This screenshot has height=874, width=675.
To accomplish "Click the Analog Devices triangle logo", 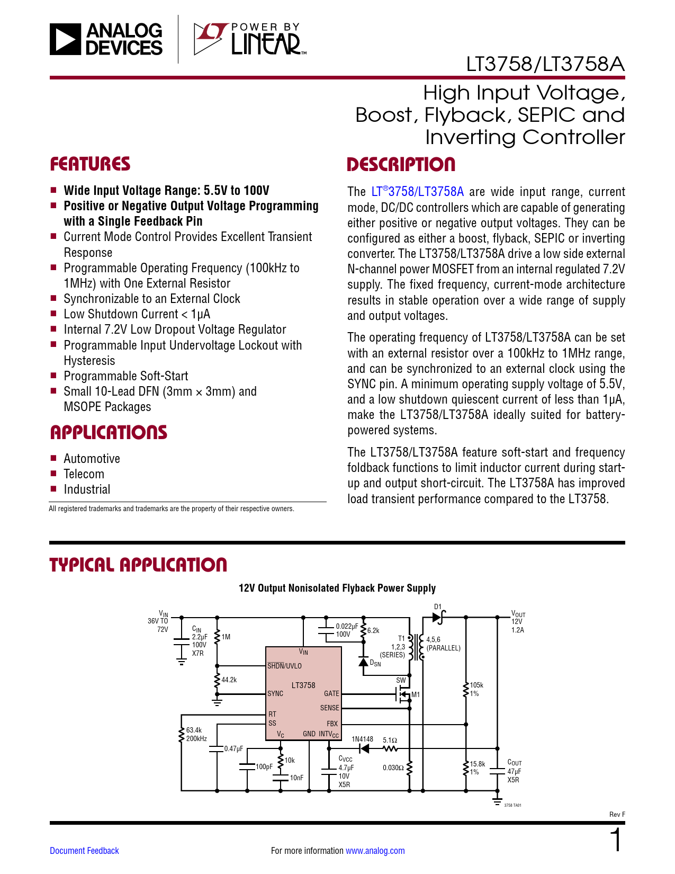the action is pos(65,39).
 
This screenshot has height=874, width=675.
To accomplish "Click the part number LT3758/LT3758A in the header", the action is pos(545,64).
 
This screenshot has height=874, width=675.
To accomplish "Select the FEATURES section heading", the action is pos(90,164).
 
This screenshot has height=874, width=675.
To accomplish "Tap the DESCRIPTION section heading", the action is pos(401,165).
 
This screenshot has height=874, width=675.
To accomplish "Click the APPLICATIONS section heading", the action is pos(109,432).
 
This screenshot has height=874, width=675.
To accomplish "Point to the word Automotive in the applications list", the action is pos(92,459).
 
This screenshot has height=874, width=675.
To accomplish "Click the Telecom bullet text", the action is pos(84,474).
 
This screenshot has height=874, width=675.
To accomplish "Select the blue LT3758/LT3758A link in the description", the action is pos(417,191).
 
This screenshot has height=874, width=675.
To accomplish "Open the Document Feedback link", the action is pos(84,851).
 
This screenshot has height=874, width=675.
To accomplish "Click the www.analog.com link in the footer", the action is pos(375,851).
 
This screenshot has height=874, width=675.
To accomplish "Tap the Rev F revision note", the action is pos(617,815).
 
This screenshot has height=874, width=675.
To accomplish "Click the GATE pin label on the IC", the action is pos(331,693).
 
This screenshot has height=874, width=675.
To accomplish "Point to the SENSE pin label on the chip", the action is pos(330,708).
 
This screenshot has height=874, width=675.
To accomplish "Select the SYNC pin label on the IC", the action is pos(275,693).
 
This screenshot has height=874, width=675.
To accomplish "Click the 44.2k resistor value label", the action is pos(229,680).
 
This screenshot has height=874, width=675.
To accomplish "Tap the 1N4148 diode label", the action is pos(362,739).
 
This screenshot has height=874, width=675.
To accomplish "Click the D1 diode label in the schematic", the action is pos(438,607).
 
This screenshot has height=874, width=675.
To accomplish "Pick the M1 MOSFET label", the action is pos(415,694).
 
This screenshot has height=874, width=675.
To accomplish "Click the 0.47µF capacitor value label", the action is pos(233,748).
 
